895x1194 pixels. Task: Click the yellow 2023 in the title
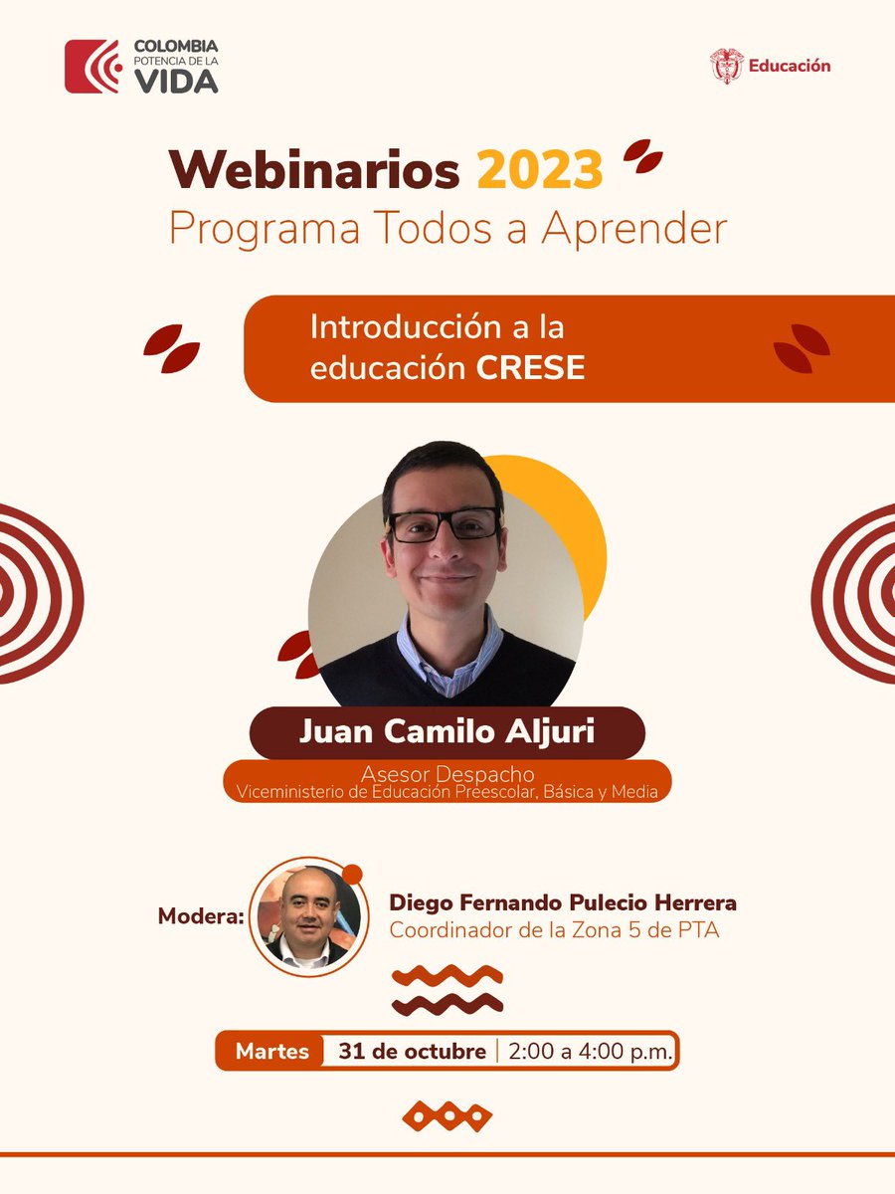coord(540,169)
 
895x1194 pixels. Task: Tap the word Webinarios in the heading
coord(314,169)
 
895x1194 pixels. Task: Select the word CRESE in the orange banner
coord(530,368)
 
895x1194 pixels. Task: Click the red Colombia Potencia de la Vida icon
coord(91,67)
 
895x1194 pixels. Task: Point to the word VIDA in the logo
coord(177,83)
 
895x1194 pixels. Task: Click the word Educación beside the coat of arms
coord(789,66)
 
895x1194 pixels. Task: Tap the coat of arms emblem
coord(727,66)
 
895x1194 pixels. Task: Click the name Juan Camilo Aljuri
coord(447,732)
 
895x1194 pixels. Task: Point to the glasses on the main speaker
coord(444,524)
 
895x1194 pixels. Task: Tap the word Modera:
coord(201,915)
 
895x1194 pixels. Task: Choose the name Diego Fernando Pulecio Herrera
coord(563,903)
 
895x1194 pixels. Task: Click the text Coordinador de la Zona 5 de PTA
coord(554,931)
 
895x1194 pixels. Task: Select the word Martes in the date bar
coord(272,1051)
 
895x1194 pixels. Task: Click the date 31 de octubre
coord(412,1051)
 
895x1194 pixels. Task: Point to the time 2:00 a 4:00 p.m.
coord(590,1051)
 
